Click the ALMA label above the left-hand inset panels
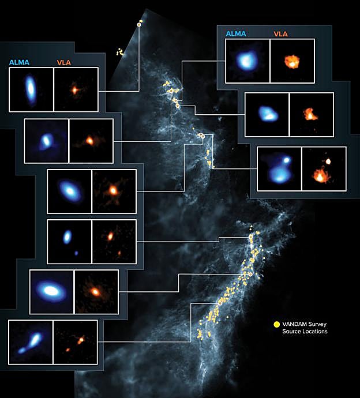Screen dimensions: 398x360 click(x=20, y=62)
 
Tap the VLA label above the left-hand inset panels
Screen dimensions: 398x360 click(x=64, y=62)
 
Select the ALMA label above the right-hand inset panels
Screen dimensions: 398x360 click(x=235, y=34)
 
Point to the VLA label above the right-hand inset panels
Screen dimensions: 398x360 click(x=280, y=34)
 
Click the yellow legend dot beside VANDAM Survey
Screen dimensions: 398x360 click(x=276, y=324)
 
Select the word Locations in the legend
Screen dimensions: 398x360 click(x=313, y=332)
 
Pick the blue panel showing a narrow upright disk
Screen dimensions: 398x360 click(x=31, y=89)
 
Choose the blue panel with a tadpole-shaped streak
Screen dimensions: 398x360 click(x=31, y=343)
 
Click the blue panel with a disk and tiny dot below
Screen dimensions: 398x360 click(x=69, y=241)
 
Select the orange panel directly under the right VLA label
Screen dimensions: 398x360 click(x=292, y=61)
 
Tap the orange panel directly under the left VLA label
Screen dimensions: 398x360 click(x=76, y=89)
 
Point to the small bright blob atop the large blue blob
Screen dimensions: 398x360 click(x=286, y=159)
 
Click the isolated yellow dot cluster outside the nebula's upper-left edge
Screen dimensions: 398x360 click(x=120, y=52)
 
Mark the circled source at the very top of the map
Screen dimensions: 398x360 click(x=139, y=24)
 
